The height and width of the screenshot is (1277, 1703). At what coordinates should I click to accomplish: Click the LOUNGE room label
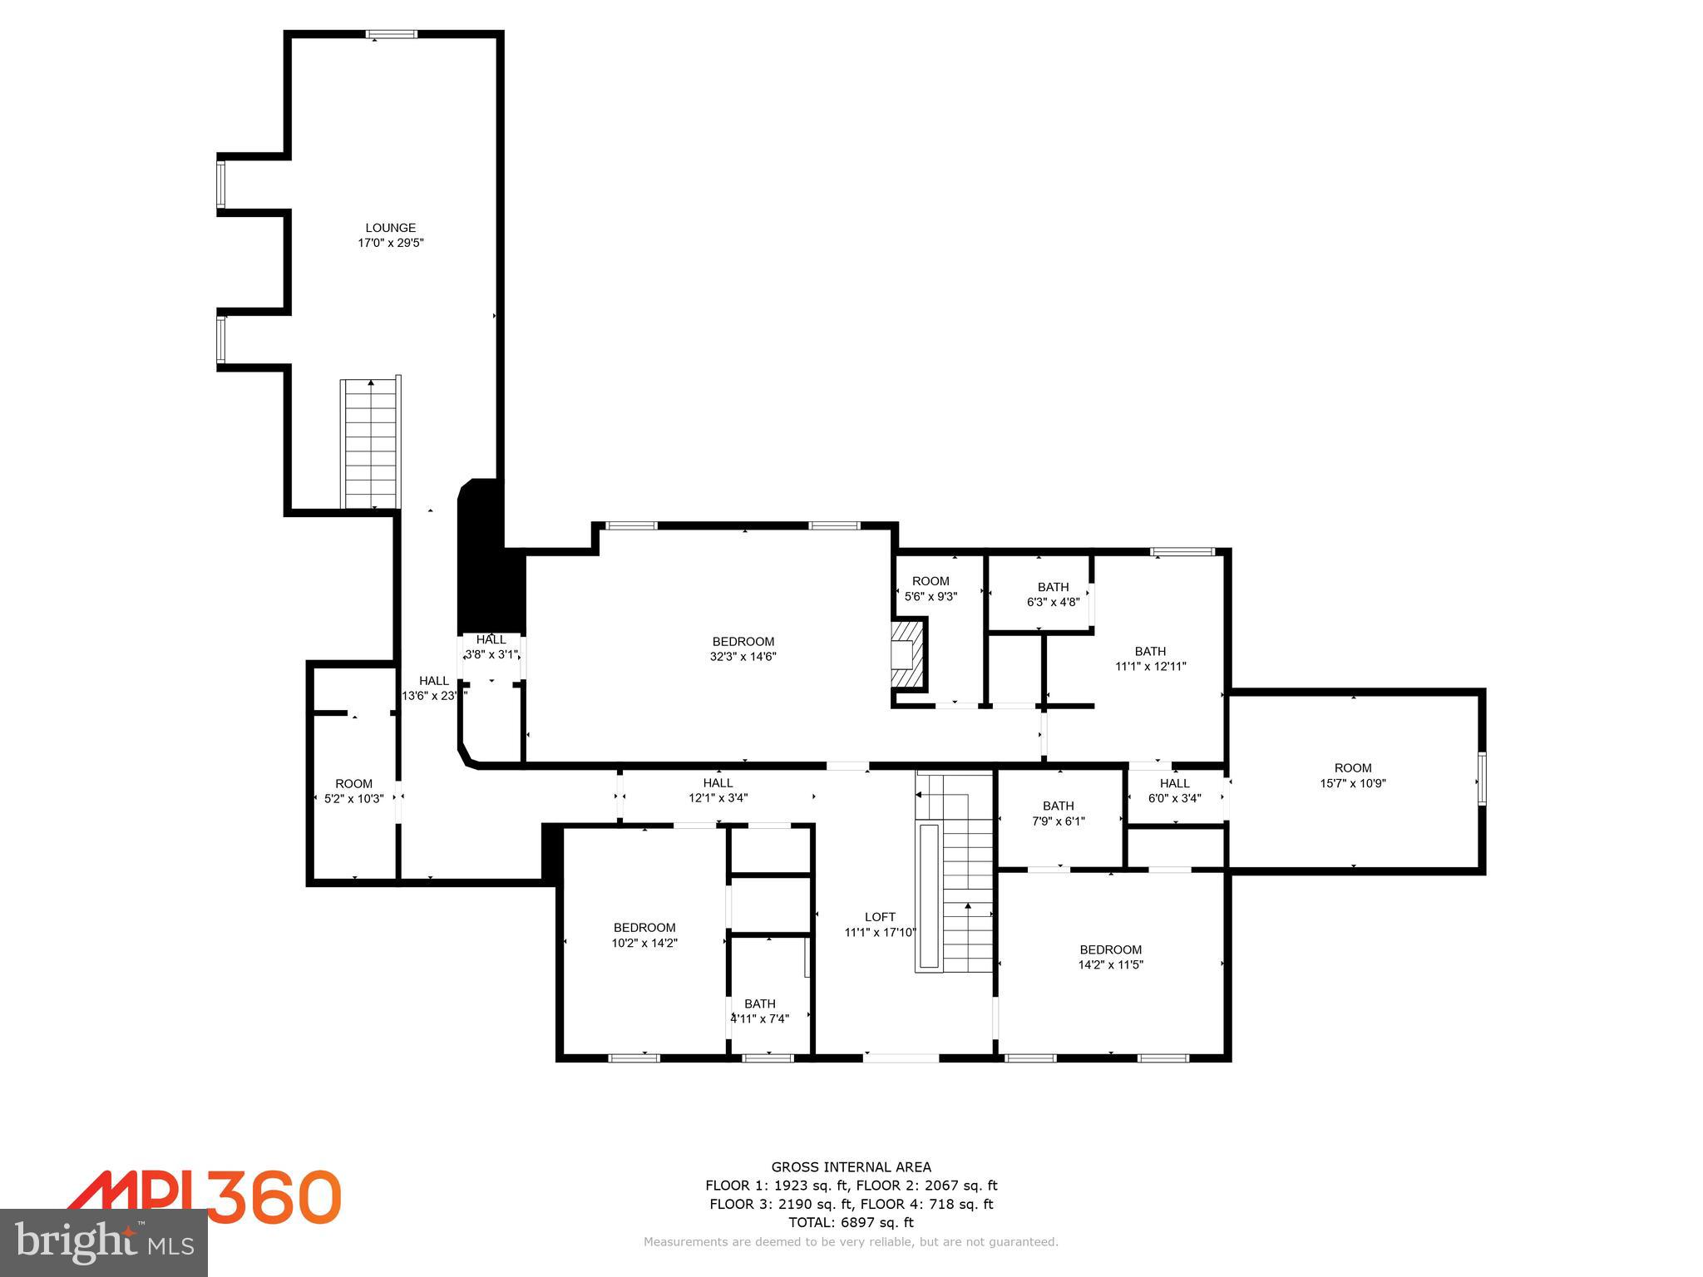(x=390, y=228)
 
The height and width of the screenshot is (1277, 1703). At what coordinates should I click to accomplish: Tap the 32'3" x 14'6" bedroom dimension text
(x=743, y=657)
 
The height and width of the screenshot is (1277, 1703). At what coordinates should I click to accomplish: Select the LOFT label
(x=879, y=917)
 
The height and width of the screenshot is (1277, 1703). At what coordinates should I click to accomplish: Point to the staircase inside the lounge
(x=370, y=442)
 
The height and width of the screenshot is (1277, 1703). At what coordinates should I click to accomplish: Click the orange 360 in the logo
(x=274, y=1196)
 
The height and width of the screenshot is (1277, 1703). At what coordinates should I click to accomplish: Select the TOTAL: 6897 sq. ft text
(x=851, y=1222)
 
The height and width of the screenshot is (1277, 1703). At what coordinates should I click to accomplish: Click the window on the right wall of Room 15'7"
(x=1481, y=779)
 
